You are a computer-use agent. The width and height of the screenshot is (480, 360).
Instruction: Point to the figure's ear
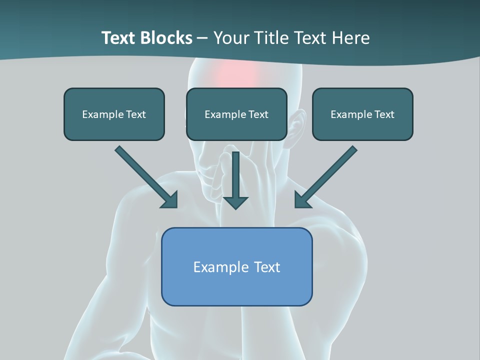pos(297,125)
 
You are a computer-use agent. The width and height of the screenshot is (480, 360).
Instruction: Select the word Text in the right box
pos(384,114)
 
